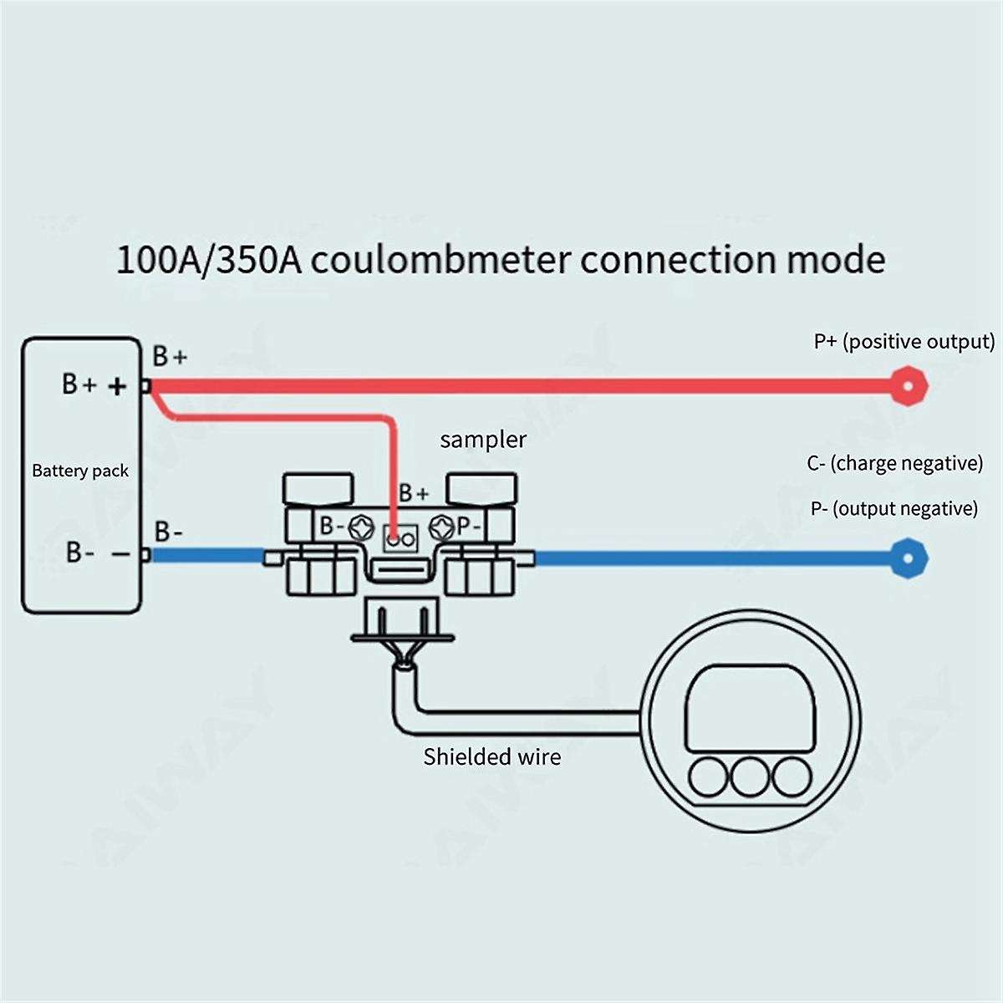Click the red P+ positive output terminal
point(908,385)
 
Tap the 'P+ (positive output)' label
point(904,342)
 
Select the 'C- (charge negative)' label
point(894,463)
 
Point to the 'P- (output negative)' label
point(894,508)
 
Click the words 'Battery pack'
point(80,471)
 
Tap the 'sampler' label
point(483,440)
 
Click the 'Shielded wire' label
point(491,757)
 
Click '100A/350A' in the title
point(210,259)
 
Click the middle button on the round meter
point(750,776)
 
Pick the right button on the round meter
point(790,776)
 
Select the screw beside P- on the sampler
point(441,527)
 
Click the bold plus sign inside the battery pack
point(118,385)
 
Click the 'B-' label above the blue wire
point(169,532)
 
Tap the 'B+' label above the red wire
point(170,358)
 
